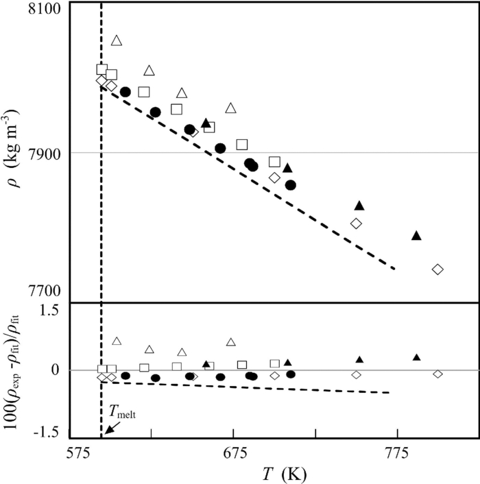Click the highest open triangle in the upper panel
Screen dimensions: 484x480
[x=117, y=40]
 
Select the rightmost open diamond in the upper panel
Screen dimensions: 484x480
[x=437, y=269]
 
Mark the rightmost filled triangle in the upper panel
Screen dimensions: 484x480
[x=416, y=235]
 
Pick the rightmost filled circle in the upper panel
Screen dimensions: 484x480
[x=291, y=185]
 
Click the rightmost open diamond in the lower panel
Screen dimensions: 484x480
[x=437, y=374]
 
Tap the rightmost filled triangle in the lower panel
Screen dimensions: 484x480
[x=416, y=357]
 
